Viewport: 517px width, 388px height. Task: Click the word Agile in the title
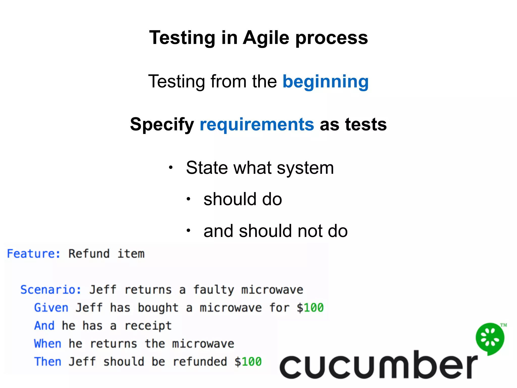pyautogui.click(x=266, y=38)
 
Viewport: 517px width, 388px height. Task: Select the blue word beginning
pyautogui.click(x=325, y=82)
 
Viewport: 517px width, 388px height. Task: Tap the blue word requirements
pyautogui.click(x=257, y=125)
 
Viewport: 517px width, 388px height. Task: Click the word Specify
pyautogui.click(x=162, y=125)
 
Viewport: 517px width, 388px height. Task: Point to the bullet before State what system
pyautogui.click(x=171, y=167)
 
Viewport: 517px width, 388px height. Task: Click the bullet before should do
pyautogui.click(x=188, y=199)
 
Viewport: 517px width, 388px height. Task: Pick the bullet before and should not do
pyautogui.click(x=188, y=230)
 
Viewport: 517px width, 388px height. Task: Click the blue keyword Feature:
pyautogui.click(x=34, y=254)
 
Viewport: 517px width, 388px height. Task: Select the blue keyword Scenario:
pyautogui.click(x=50, y=290)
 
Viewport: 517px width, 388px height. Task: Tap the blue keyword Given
pyautogui.click(x=51, y=308)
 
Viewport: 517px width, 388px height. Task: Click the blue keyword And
pyautogui.click(x=44, y=326)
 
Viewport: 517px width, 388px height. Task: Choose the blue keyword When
pyautogui.click(x=47, y=344)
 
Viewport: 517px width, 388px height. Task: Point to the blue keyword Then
pyautogui.click(x=47, y=362)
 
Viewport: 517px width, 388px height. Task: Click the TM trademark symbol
pyautogui.click(x=503, y=325)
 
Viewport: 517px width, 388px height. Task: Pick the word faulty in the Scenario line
pyautogui.click(x=214, y=290)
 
